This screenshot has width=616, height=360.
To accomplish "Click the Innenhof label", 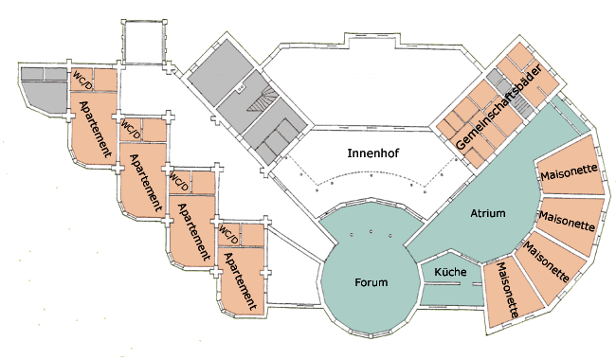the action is pyautogui.click(x=372, y=153).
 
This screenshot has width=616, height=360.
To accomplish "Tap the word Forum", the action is pyautogui.click(x=371, y=282).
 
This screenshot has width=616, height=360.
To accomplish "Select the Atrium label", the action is pyautogui.click(x=487, y=213).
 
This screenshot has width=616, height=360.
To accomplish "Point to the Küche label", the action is pyautogui.click(x=450, y=272).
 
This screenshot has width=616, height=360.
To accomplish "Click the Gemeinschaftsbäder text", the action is pyautogui.click(x=499, y=106).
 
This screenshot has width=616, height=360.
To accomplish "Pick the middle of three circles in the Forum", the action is pyautogui.click(x=371, y=231).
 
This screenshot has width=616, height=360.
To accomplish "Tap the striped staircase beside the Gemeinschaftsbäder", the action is pyautogui.click(x=521, y=105).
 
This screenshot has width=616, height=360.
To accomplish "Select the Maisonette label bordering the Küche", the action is pyautogui.click(x=508, y=290).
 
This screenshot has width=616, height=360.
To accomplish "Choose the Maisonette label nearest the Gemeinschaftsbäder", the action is pyautogui.click(x=569, y=172).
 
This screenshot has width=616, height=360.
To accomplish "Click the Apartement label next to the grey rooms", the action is pyautogui.click(x=95, y=129).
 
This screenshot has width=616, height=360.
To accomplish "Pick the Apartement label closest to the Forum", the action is pyautogui.click(x=239, y=281).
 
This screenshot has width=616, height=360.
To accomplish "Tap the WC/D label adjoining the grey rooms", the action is pyautogui.click(x=82, y=79).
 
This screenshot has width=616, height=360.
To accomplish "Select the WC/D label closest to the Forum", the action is pyautogui.click(x=228, y=234).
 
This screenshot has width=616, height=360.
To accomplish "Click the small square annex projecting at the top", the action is pyautogui.click(x=144, y=41).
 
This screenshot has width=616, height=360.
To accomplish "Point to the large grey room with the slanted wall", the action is pyautogui.click(x=44, y=97).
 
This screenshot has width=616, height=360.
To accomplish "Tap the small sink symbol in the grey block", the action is pyautogui.click(x=241, y=88).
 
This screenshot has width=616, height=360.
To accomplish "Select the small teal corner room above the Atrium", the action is pyautogui.click(x=570, y=114).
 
